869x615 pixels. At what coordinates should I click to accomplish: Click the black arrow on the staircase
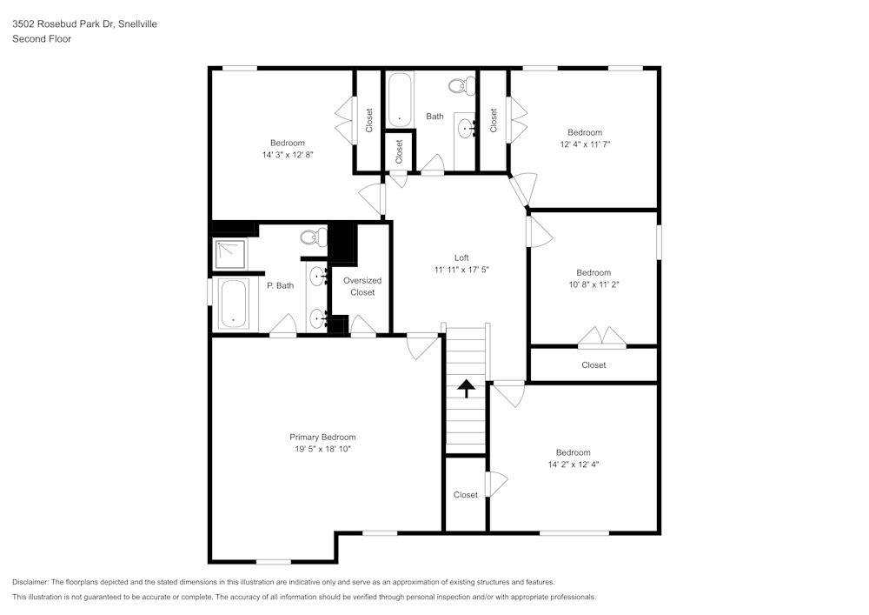[466, 388]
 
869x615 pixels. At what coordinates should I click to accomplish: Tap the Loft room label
[461, 257]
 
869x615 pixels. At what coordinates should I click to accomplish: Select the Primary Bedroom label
[322, 437]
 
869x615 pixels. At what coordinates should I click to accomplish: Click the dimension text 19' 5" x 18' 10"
[322, 449]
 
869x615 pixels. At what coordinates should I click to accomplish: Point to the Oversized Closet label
[362, 286]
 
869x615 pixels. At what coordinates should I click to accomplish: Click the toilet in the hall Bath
[461, 85]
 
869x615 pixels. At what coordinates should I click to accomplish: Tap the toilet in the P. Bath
[314, 237]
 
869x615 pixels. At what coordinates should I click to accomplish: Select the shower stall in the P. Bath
[230, 254]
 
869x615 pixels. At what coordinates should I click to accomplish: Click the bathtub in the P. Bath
[233, 304]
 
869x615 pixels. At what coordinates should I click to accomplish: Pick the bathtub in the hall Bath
[399, 100]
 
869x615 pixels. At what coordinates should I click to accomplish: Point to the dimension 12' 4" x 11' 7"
[585, 144]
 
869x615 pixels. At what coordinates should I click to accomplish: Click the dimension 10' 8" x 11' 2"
[594, 284]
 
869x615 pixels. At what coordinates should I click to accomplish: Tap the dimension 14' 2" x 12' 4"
[574, 465]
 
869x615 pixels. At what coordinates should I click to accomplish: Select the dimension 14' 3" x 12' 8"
[288, 155]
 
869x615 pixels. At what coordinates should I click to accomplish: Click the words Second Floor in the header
[42, 39]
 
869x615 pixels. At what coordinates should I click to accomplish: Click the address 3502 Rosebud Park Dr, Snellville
[85, 23]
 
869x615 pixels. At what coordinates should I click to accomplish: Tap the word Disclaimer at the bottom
[30, 582]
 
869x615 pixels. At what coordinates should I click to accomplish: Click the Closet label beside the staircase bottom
[466, 495]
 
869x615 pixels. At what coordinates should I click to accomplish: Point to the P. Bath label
[281, 285]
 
